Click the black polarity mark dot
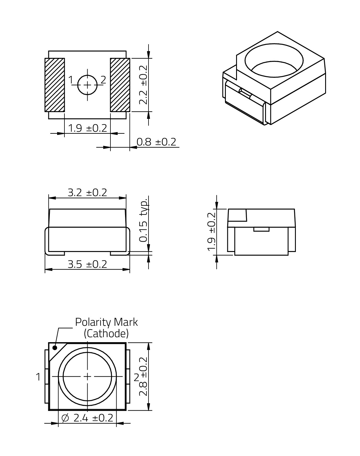pos(55,348)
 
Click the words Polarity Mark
pos(107,322)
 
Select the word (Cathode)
pos(106,334)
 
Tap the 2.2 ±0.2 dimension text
pos(143,85)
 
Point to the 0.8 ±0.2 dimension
pos(156,142)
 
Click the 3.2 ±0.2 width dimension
pos(87,192)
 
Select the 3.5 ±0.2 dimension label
pos(87,264)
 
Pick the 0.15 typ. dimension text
pos(144,220)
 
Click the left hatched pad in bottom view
pos(55,85)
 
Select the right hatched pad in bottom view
pos(120,85)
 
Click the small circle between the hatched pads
pos(87,85)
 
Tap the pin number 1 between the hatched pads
pos(71,80)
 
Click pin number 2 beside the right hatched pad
pos(103,80)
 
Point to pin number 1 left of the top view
pos(38,377)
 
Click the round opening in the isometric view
pos(274,60)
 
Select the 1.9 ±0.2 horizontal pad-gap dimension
pos(87,128)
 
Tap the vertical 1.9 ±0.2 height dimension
pos(211,232)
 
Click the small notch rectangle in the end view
pos(261,229)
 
